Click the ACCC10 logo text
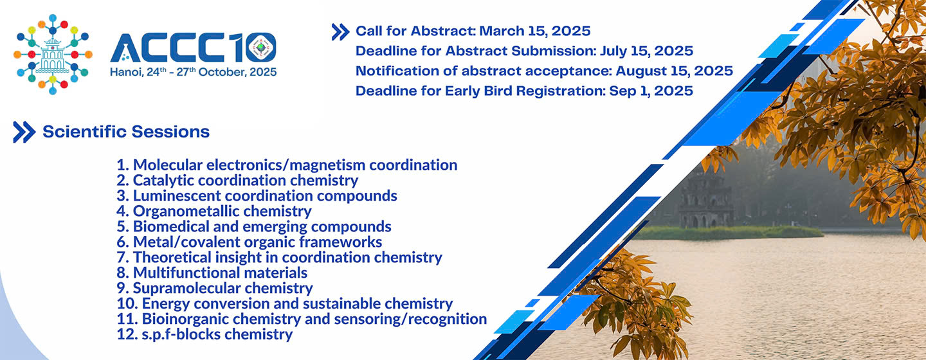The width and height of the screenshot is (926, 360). tap(193, 48)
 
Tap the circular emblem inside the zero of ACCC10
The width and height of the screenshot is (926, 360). tap(260, 48)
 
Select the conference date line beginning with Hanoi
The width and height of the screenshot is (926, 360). tap(193, 72)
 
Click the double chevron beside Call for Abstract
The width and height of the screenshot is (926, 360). tap(340, 32)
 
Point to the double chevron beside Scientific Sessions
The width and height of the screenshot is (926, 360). tap(24, 132)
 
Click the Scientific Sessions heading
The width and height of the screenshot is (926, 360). tap(126, 132)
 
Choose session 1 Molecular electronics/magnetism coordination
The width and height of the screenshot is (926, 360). tap(287, 165)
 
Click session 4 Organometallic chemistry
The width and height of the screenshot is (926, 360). tap(214, 212)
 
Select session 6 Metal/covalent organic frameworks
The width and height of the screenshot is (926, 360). tap(250, 242)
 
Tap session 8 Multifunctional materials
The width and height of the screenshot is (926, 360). tap(212, 273)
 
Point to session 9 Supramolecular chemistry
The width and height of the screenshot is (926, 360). tap(215, 288)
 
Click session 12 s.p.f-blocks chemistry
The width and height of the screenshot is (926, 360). tap(204, 334)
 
